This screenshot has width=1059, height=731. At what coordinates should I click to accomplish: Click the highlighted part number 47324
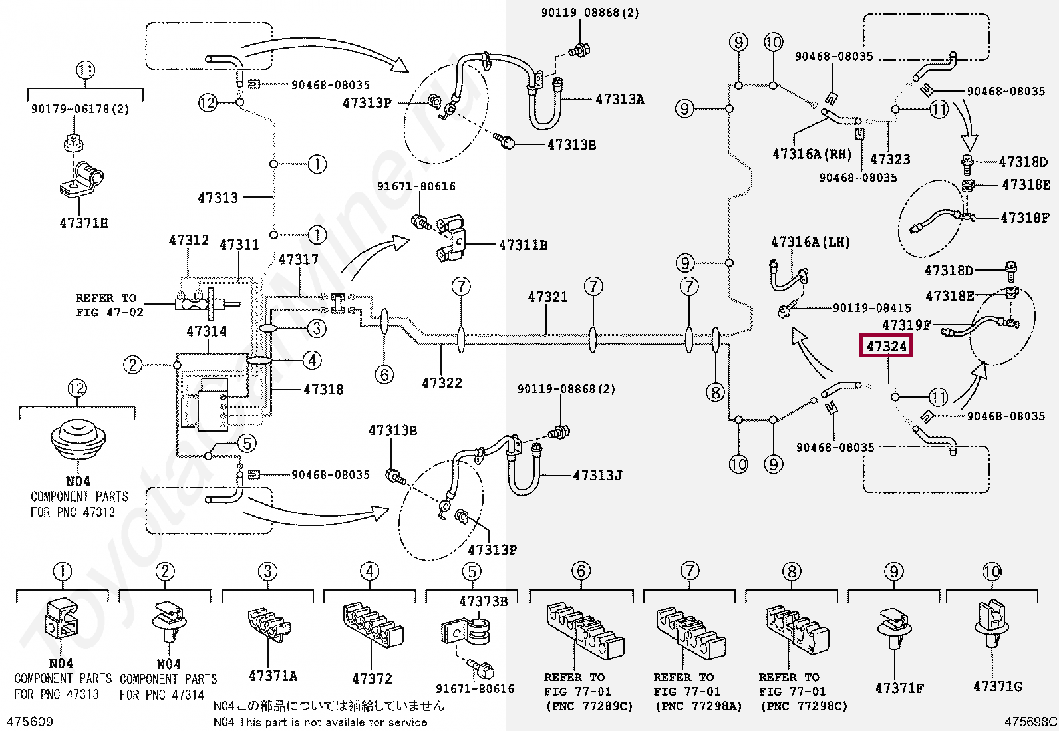[x=885, y=346]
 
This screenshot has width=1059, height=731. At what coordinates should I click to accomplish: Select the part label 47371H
[x=83, y=223]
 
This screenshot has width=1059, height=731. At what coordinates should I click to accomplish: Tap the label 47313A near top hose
[x=619, y=100]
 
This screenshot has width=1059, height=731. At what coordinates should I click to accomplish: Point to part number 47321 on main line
[x=547, y=297]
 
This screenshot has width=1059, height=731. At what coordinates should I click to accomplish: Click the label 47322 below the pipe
[x=442, y=383]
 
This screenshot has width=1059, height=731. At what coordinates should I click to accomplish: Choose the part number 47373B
[x=483, y=601]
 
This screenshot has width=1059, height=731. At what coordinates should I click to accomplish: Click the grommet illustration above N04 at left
[x=78, y=439]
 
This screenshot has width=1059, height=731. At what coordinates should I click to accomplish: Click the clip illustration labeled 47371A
[x=269, y=625]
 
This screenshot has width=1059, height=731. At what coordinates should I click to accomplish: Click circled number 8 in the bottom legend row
[x=792, y=571]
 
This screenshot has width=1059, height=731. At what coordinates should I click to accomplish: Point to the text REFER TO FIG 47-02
[x=109, y=305]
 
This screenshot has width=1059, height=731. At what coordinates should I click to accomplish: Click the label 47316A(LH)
[x=810, y=242]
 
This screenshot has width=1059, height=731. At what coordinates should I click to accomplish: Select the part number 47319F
[x=906, y=325]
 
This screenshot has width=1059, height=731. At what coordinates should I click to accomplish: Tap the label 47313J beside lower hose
[x=597, y=476]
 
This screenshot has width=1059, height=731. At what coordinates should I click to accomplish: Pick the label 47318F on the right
[x=1024, y=218]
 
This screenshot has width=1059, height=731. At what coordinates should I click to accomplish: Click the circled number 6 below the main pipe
[x=384, y=374]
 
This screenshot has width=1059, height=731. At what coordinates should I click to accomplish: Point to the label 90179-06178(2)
[x=80, y=109]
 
